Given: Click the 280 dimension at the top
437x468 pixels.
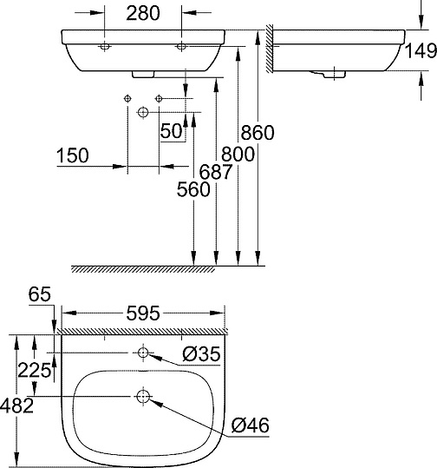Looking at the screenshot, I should [x=142, y=14].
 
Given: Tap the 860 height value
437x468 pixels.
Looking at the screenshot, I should [x=257, y=133].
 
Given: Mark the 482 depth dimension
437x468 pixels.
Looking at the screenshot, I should [x=17, y=405].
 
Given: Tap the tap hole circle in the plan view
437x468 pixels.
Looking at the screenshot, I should [x=142, y=353].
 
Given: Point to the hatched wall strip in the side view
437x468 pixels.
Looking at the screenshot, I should [x=270, y=52].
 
